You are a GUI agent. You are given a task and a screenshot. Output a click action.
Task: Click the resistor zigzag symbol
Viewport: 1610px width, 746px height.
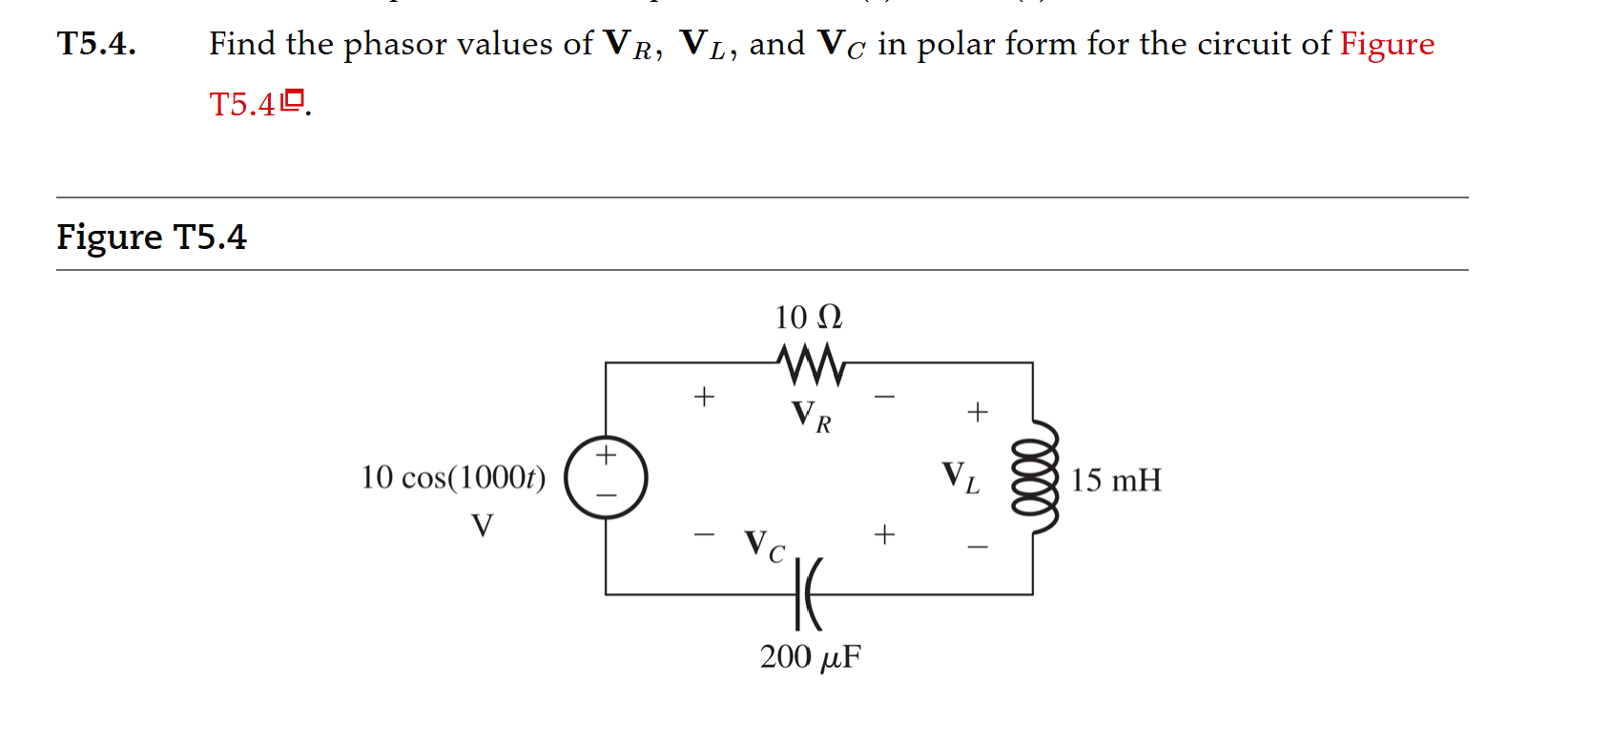coord(811,363)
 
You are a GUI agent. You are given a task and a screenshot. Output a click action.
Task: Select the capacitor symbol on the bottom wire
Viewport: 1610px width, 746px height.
coord(808,594)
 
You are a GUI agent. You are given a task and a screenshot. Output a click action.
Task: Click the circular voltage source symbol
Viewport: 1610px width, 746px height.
coord(606,477)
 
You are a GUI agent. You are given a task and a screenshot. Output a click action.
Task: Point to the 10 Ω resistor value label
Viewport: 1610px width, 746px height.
coord(808,317)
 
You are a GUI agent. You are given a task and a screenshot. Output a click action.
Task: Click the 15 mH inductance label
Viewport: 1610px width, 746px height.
coord(1115,480)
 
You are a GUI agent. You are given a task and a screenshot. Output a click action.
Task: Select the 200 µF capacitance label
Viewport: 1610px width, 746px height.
coord(810,657)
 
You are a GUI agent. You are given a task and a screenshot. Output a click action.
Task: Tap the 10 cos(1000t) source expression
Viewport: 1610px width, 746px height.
coord(453,477)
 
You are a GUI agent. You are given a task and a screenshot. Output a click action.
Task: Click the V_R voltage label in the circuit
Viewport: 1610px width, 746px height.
coord(811,416)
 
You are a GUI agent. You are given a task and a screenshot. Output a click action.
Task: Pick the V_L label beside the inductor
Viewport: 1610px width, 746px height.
coord(960,477)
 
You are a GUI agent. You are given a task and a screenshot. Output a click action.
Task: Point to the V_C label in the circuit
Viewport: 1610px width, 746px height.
coord(765,547)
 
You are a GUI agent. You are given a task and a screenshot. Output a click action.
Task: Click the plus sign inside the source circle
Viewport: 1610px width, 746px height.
coord(606,455)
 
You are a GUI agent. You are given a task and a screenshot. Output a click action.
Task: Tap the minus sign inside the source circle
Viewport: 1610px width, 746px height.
coord(606,496)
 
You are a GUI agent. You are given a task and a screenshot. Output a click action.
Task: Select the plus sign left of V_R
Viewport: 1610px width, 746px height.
coord(704,396)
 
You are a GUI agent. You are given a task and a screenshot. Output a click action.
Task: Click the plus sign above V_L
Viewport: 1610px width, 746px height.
coord(977,412)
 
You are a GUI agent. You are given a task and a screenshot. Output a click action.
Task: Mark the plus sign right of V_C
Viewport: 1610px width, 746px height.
coord(884,534)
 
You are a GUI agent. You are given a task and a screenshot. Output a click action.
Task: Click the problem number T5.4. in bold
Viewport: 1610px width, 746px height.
coord(96,44)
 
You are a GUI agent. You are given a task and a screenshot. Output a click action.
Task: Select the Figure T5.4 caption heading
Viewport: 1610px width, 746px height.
coord(152,237)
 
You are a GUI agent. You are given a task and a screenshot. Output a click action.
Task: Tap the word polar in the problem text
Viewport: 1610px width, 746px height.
coord(948,45)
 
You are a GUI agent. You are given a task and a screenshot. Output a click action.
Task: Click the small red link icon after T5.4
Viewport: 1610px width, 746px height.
coord(293,98)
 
